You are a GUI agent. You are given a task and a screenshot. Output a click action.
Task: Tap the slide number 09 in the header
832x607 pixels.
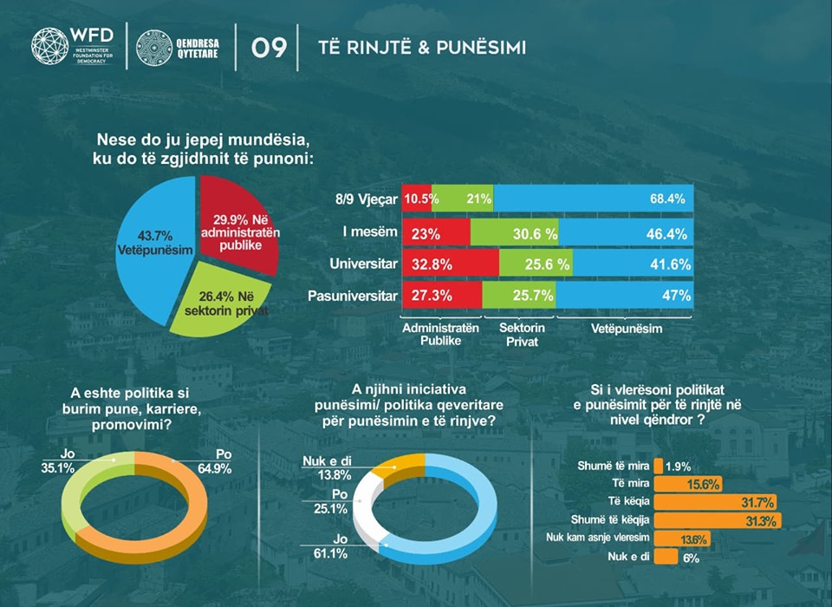point(270,49)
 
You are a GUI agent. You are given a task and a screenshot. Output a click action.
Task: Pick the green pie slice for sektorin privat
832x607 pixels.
point(221,300)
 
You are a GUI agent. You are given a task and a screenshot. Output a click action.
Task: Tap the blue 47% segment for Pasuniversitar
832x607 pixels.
point(624,296)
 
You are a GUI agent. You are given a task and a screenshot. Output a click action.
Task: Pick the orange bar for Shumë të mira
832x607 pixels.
point(659,466)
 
